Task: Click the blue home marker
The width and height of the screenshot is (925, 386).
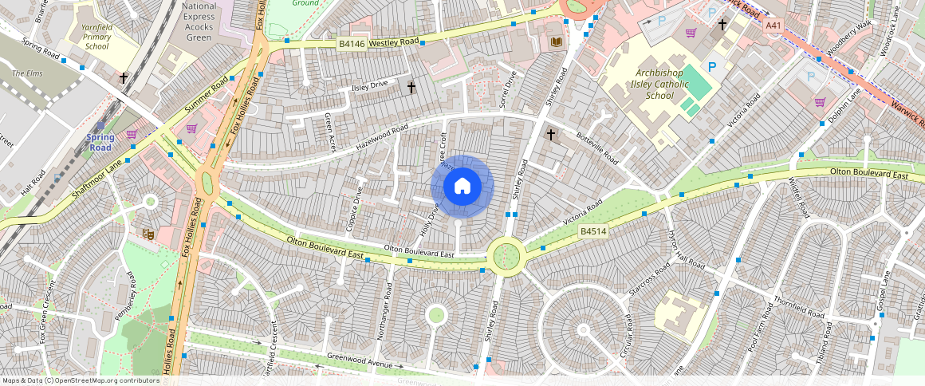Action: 462,187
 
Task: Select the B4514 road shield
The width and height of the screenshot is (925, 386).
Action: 592,231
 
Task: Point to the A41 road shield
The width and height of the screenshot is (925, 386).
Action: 772,26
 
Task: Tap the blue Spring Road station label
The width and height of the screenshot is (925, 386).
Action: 100,142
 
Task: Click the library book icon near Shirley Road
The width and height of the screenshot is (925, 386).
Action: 556,41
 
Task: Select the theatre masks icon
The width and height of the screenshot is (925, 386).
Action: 148,233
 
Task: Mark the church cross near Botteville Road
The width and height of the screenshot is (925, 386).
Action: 550,135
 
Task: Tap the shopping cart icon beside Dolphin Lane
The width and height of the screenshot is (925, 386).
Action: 820,102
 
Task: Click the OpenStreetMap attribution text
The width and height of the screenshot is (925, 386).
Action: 80,380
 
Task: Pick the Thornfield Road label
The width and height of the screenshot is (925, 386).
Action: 798,309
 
